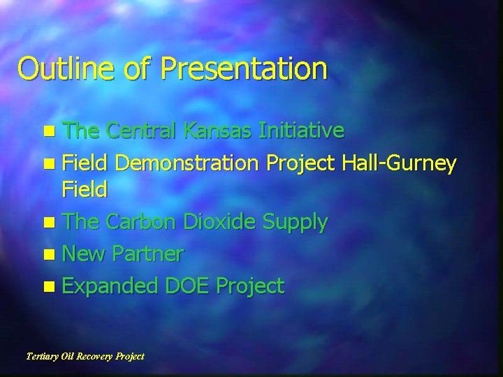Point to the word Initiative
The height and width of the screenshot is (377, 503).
coord(301,131)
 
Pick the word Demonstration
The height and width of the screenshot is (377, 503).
coord(188,164)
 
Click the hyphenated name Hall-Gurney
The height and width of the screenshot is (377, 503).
coord(400,165)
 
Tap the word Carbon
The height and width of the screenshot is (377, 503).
coord(143,222)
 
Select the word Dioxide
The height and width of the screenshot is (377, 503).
coord(219,222)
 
